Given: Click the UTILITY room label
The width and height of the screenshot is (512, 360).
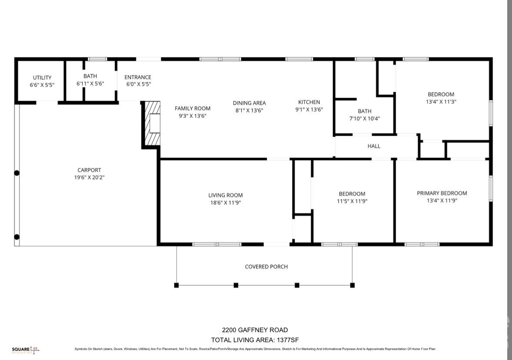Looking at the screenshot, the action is (x=42, y=77).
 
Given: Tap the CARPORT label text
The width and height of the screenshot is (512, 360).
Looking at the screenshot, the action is (x=89, y=170).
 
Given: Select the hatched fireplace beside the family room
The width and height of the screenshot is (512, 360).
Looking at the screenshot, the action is (x=153, y=123).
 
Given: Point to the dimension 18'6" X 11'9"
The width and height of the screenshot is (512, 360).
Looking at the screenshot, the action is (x=225, y=203).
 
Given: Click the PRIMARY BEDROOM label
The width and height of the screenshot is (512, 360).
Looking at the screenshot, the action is (x=442, y=193).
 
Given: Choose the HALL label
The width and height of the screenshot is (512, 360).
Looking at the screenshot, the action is (x=374, y=146).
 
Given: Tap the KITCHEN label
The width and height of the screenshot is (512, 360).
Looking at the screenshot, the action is (x=309, y=102).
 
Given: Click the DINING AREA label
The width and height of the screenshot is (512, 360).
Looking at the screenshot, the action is (x=249, y=103).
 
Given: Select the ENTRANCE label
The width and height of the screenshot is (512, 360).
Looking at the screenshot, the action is (x=138, y=77).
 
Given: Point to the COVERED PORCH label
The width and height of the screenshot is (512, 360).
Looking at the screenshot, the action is (x=266, y=267).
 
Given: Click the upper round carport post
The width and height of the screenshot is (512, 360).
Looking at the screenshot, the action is (x=17, y=173).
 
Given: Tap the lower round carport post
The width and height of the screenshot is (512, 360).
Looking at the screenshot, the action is (x=17, y=237).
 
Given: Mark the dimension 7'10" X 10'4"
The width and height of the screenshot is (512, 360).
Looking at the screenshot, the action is (x=364, y=119).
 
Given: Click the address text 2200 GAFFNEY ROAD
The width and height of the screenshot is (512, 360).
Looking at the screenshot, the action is (x=255, y=330).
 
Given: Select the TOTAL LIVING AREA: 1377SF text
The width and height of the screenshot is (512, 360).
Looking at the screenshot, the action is (x=255, y=340).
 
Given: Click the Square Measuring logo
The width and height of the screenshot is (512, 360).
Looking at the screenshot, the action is (x=26, y=350).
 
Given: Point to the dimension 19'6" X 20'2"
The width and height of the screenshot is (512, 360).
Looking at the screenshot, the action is (x=89, y=177).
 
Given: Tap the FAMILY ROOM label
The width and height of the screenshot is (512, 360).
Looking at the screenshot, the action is (x=193, y=108).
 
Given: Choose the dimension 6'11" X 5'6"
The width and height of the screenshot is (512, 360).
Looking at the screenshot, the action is (x=90, y=83).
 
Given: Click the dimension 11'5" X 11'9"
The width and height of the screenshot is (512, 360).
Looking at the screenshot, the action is (x=352, y=201).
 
